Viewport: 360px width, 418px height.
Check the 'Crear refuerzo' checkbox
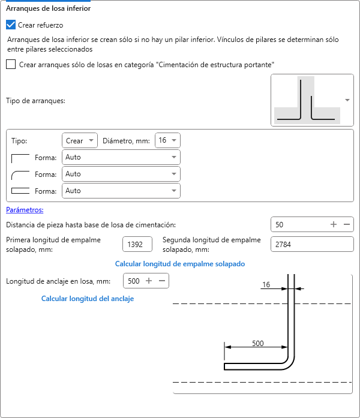point(11,25)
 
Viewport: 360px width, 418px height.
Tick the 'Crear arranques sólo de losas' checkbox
point(11,65)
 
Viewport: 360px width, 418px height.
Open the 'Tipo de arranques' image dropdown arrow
point(347,100)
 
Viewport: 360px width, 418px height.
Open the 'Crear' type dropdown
point(80,140)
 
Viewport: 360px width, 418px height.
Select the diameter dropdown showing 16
point(167,140)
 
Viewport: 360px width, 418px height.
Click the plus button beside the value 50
point(334,225)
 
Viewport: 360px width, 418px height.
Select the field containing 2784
point(312,245)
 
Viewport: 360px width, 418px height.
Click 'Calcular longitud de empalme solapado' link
point(179,264)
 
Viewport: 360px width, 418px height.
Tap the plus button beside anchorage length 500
point(148,281)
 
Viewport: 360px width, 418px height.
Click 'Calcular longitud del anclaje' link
point(87,299)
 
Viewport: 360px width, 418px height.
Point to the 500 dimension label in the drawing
point(257,343)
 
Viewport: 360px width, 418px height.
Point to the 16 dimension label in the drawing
point(266,285)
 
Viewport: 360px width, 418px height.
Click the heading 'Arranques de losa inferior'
point(48,9)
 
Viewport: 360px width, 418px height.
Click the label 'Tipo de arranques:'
point(35,100)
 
